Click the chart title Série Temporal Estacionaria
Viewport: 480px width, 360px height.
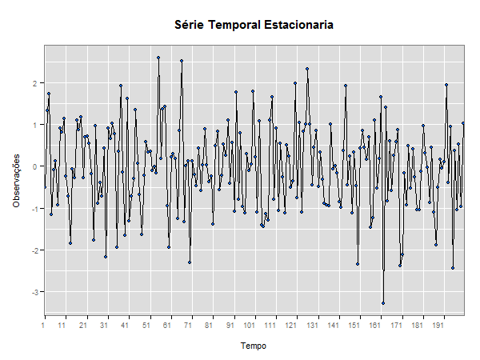(x=254, y=25)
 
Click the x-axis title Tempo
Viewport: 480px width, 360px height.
(x=254, y=346)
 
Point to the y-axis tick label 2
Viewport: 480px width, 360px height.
(x=35, y=83)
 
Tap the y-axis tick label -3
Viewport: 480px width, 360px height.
(x=34, y=292)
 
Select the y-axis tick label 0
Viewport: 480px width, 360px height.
(x=35, y=166)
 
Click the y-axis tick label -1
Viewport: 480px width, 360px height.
(x=34, y=208)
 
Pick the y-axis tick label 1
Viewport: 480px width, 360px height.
(x=35, y=125)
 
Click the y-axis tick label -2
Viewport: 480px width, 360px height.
(x=34, y=250)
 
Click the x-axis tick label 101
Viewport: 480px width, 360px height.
(x=250, y=326)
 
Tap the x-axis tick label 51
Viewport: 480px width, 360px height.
(x=146, y=326)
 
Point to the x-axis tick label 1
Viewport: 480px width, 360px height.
(x=43, y=326)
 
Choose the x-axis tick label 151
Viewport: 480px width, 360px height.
(x=354, y=326)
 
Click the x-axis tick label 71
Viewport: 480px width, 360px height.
(x=188, y=326)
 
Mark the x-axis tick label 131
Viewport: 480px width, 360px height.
(x=312, y=326)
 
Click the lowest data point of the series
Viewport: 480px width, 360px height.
(x=383, y=303)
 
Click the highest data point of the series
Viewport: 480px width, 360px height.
(x=158, y=58)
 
